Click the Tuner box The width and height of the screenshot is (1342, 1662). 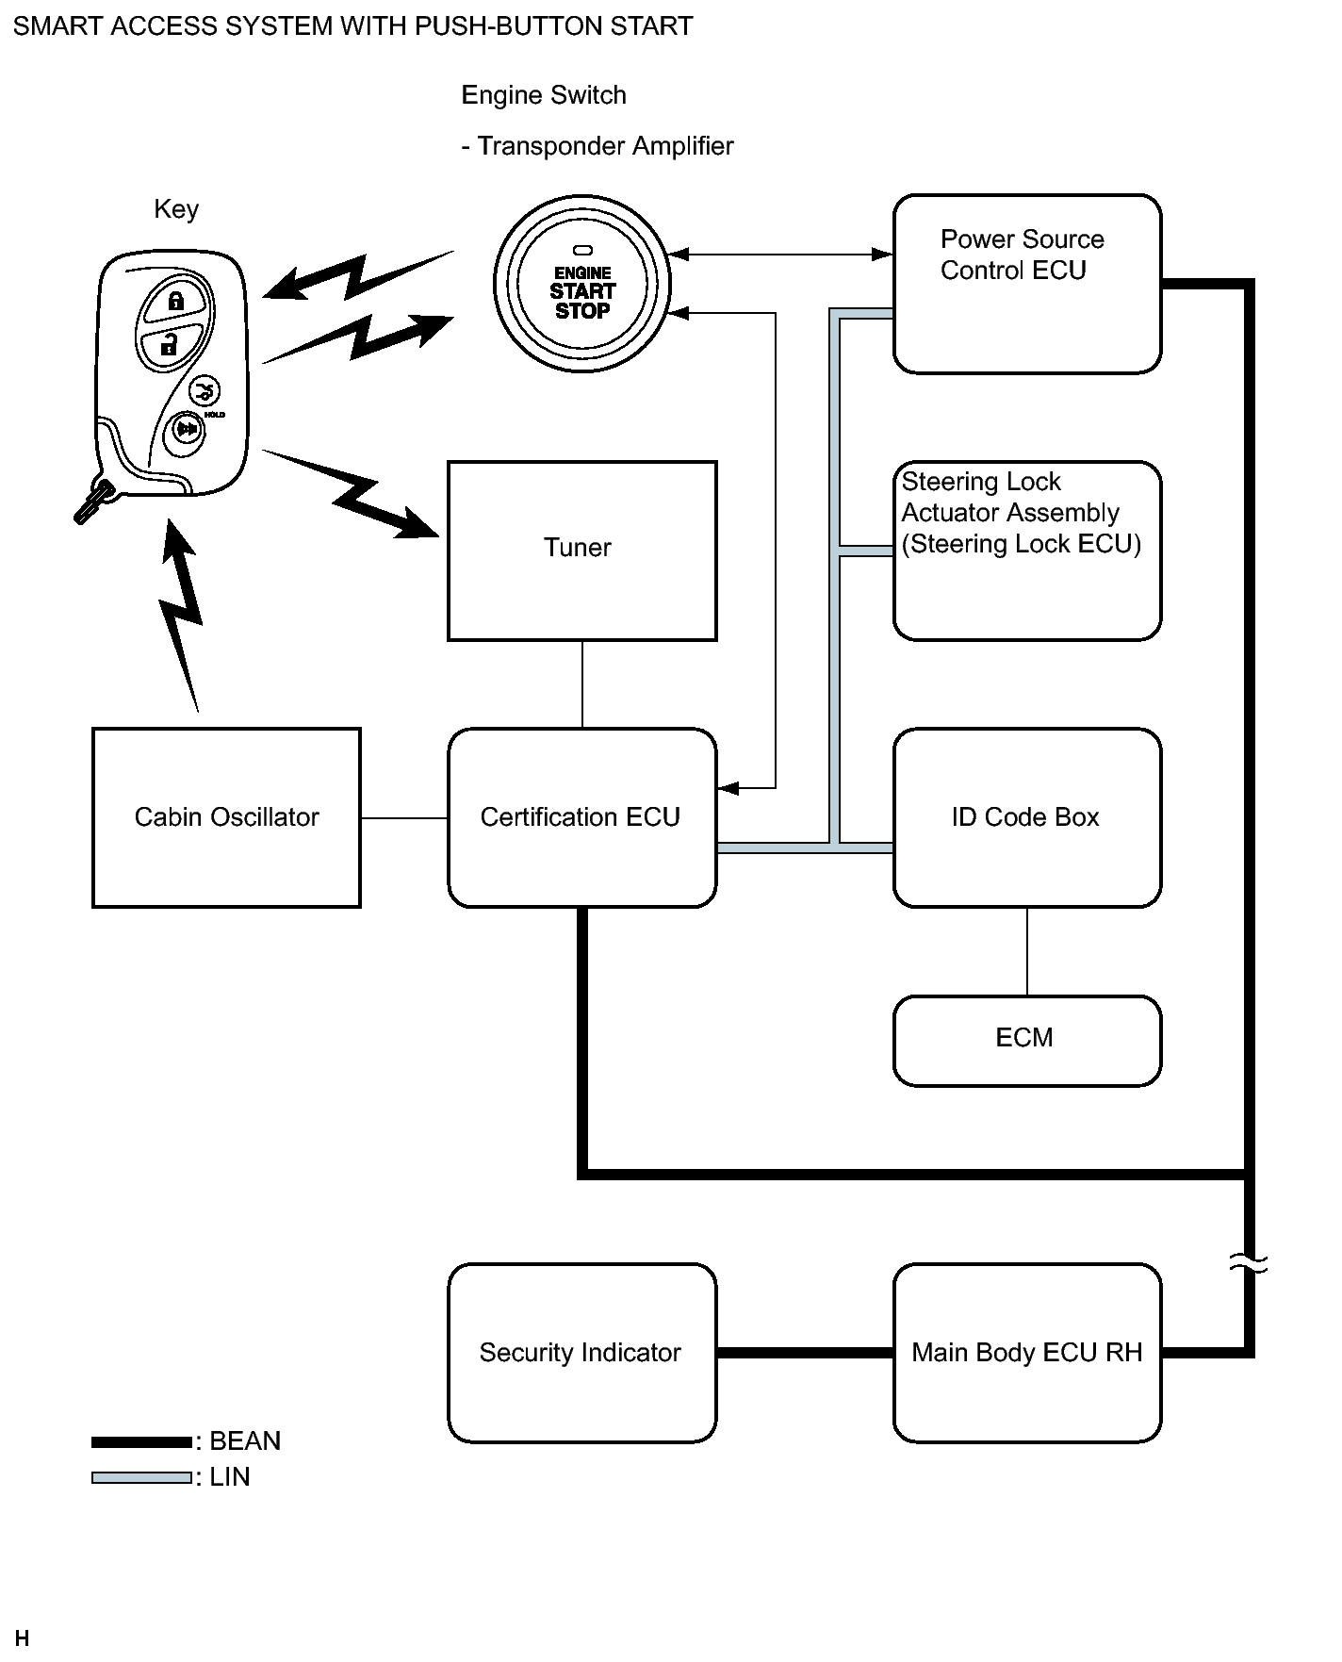(581, 551)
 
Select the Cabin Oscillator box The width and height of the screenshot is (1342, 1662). (226, 817)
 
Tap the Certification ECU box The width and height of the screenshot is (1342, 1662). (581, 817)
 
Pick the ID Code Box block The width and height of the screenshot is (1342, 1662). (1026, 817)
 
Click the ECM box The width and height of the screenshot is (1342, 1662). (1026, 1040)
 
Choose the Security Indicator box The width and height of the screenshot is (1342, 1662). (581, 1353)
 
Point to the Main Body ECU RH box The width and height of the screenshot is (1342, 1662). (1026, 1353)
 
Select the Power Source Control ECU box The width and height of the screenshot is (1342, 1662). (1026, 284)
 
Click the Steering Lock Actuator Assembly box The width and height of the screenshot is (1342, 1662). (1026, 551)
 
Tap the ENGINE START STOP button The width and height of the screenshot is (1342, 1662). (582, 285)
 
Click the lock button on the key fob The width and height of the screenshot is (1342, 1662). (175, 302)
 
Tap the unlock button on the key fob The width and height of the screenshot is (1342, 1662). (170, 345)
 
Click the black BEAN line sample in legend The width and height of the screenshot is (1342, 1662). (141, 1441)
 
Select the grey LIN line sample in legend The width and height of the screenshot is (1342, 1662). (141, 1477)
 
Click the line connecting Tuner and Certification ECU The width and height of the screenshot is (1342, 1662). (582, 684)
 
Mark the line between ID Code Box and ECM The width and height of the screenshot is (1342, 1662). (1027, 951)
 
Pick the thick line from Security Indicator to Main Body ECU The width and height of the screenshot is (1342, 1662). (805, 1353)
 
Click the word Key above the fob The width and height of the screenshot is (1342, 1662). (176, 209)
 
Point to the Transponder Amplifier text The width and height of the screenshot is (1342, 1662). (604, 146)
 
